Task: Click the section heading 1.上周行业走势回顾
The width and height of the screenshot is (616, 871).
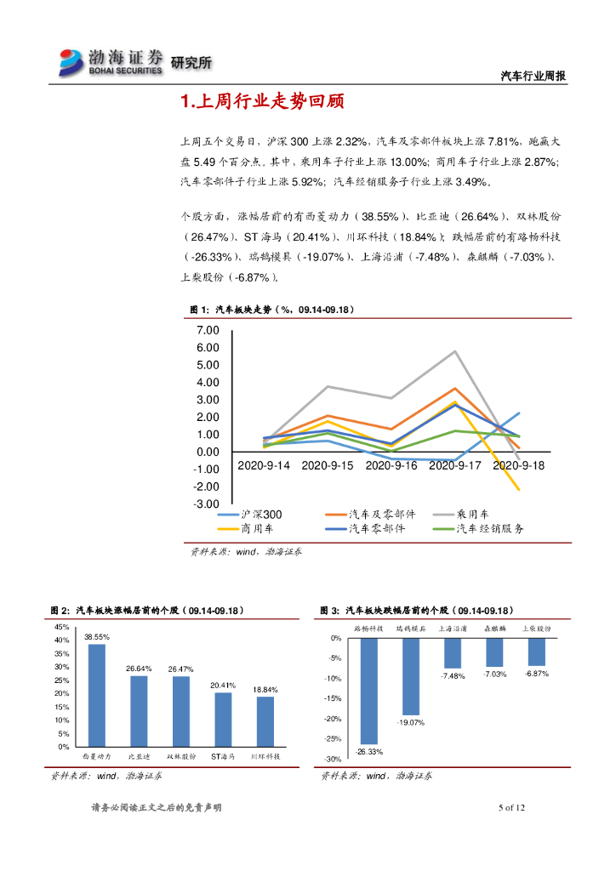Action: pyautogui.click(x=262, y=103)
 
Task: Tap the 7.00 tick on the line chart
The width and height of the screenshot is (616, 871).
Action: pyautogui.click(x=207, y=330)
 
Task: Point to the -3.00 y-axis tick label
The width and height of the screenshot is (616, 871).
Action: pyautogui.click(x=205, y=504)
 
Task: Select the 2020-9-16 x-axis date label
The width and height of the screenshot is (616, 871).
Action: pyautogui.click(x=392, y=466)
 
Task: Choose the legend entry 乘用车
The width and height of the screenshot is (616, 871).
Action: pyautogui.click(x=472, y=515)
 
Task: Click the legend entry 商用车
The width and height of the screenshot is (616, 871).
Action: pyautogui.click(x=256, y=528)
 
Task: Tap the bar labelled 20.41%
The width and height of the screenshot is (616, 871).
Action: pyautogui.click(x=223, y=719)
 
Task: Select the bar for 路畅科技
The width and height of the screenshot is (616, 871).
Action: pyautogui.click(x=368, y=691)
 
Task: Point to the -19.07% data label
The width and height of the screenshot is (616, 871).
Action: pyautogui.click(x=411, y=722)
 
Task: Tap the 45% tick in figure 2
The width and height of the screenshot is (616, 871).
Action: pyautogui.click(x=62, y=627)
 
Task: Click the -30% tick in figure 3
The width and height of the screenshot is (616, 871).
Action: pyautogui.click(x=334, y=760)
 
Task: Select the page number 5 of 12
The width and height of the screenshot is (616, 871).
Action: pyautogui.click(x=513, y=807)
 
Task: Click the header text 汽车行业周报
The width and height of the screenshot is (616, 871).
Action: pyautogui.click(x=532, y=76)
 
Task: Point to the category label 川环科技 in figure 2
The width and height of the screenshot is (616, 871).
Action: pyautogui.click(x=265, y=756)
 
